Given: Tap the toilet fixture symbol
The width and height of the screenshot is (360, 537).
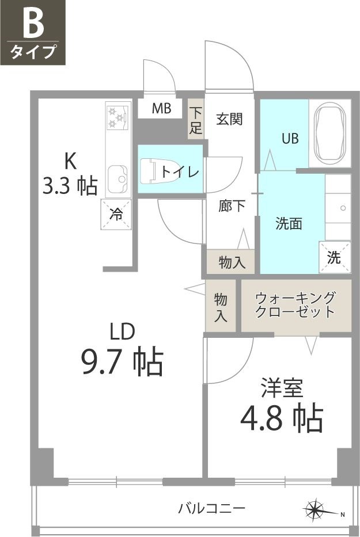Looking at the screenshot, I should pos(150,172).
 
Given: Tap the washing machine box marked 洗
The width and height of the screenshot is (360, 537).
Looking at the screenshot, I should pos(335,257).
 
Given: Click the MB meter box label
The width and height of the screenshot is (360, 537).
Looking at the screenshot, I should pos(161,108).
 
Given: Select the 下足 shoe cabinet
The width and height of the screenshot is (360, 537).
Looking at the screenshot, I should pos(196,120).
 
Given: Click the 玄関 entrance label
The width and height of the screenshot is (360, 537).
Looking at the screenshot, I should pos(229,119).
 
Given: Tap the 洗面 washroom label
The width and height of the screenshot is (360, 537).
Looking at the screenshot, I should pos(289,223).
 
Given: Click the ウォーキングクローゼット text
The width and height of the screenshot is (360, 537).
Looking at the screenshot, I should pos(295,305).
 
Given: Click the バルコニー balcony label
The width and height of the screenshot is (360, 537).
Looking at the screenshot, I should pos(212,508).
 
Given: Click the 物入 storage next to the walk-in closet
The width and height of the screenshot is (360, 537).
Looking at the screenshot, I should pos(221,307).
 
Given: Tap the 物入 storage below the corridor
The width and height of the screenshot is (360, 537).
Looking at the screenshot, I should pos(232,262).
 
